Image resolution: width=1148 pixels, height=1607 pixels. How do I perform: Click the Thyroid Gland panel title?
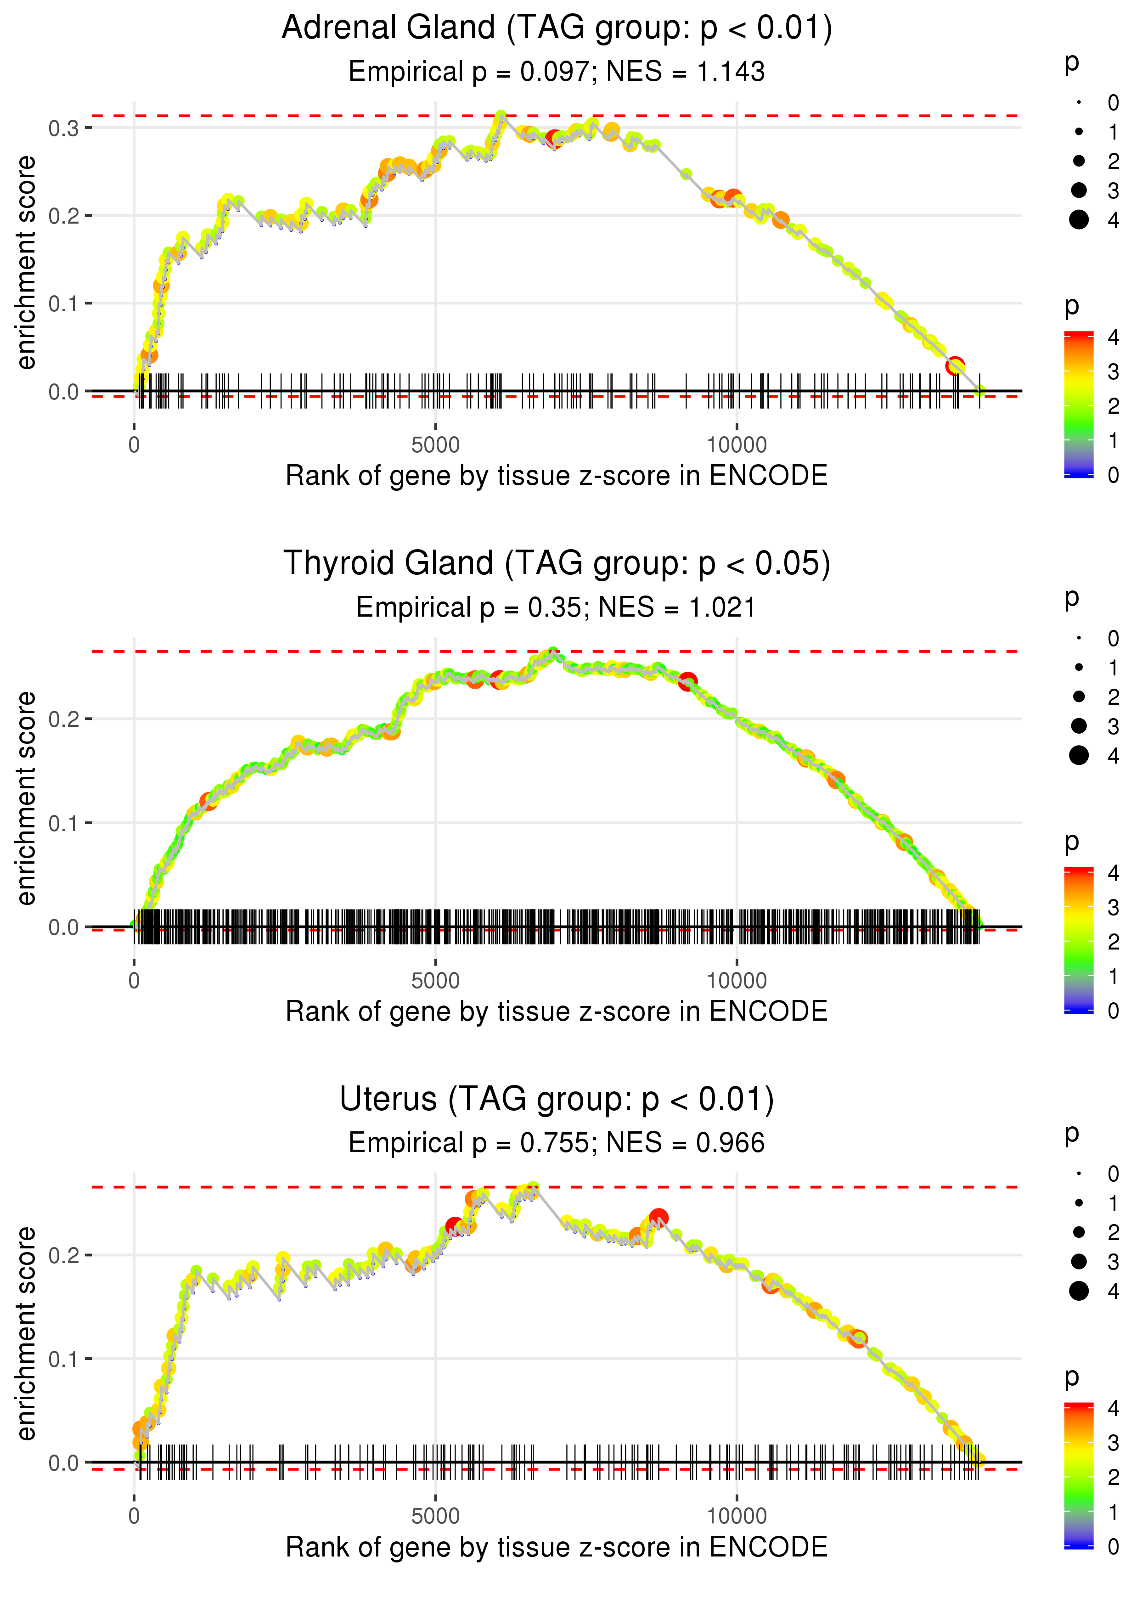tap(557, 564)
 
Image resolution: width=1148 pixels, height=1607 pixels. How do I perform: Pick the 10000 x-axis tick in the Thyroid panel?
tap(737, 981)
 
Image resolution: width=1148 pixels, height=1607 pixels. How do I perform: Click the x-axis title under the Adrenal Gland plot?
tap(557, 476)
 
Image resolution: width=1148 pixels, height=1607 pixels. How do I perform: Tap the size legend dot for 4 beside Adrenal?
tap(1079, 220)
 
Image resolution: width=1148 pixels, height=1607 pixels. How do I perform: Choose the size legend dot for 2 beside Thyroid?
tap(1079, 697)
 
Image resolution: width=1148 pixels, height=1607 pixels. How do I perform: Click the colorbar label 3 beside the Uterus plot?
tap(1114, 1442)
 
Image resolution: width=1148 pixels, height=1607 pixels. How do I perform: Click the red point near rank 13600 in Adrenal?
tap(955, 366)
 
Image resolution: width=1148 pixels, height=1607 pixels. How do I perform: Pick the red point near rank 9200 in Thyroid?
tap(688, 682)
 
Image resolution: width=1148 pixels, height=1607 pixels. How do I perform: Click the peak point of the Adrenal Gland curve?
tap(501, 116)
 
